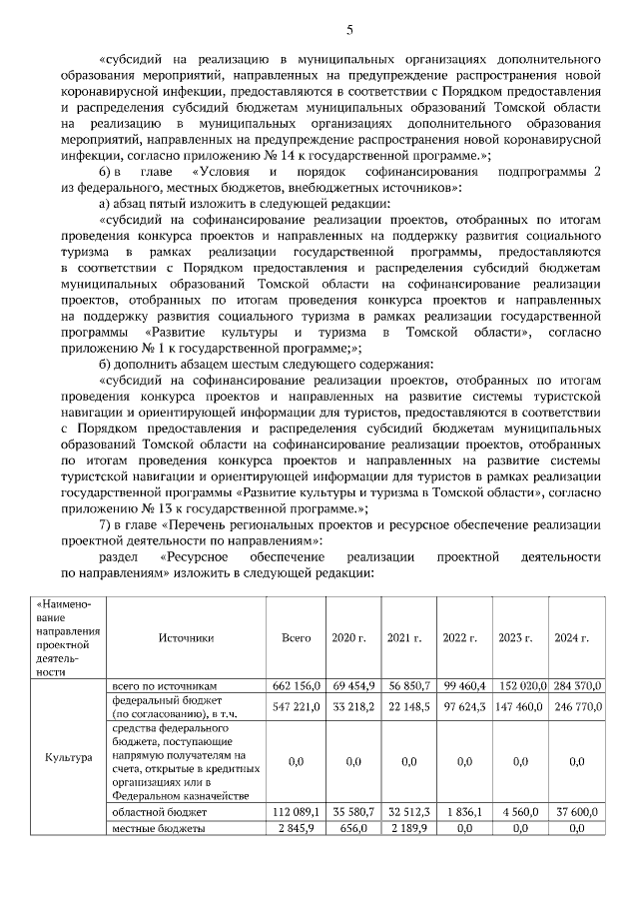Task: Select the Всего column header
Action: [x=297, y=637]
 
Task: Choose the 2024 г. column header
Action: [x=572, y=637]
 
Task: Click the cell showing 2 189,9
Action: [x=407, y=829]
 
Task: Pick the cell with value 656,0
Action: [x=353, y=829]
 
